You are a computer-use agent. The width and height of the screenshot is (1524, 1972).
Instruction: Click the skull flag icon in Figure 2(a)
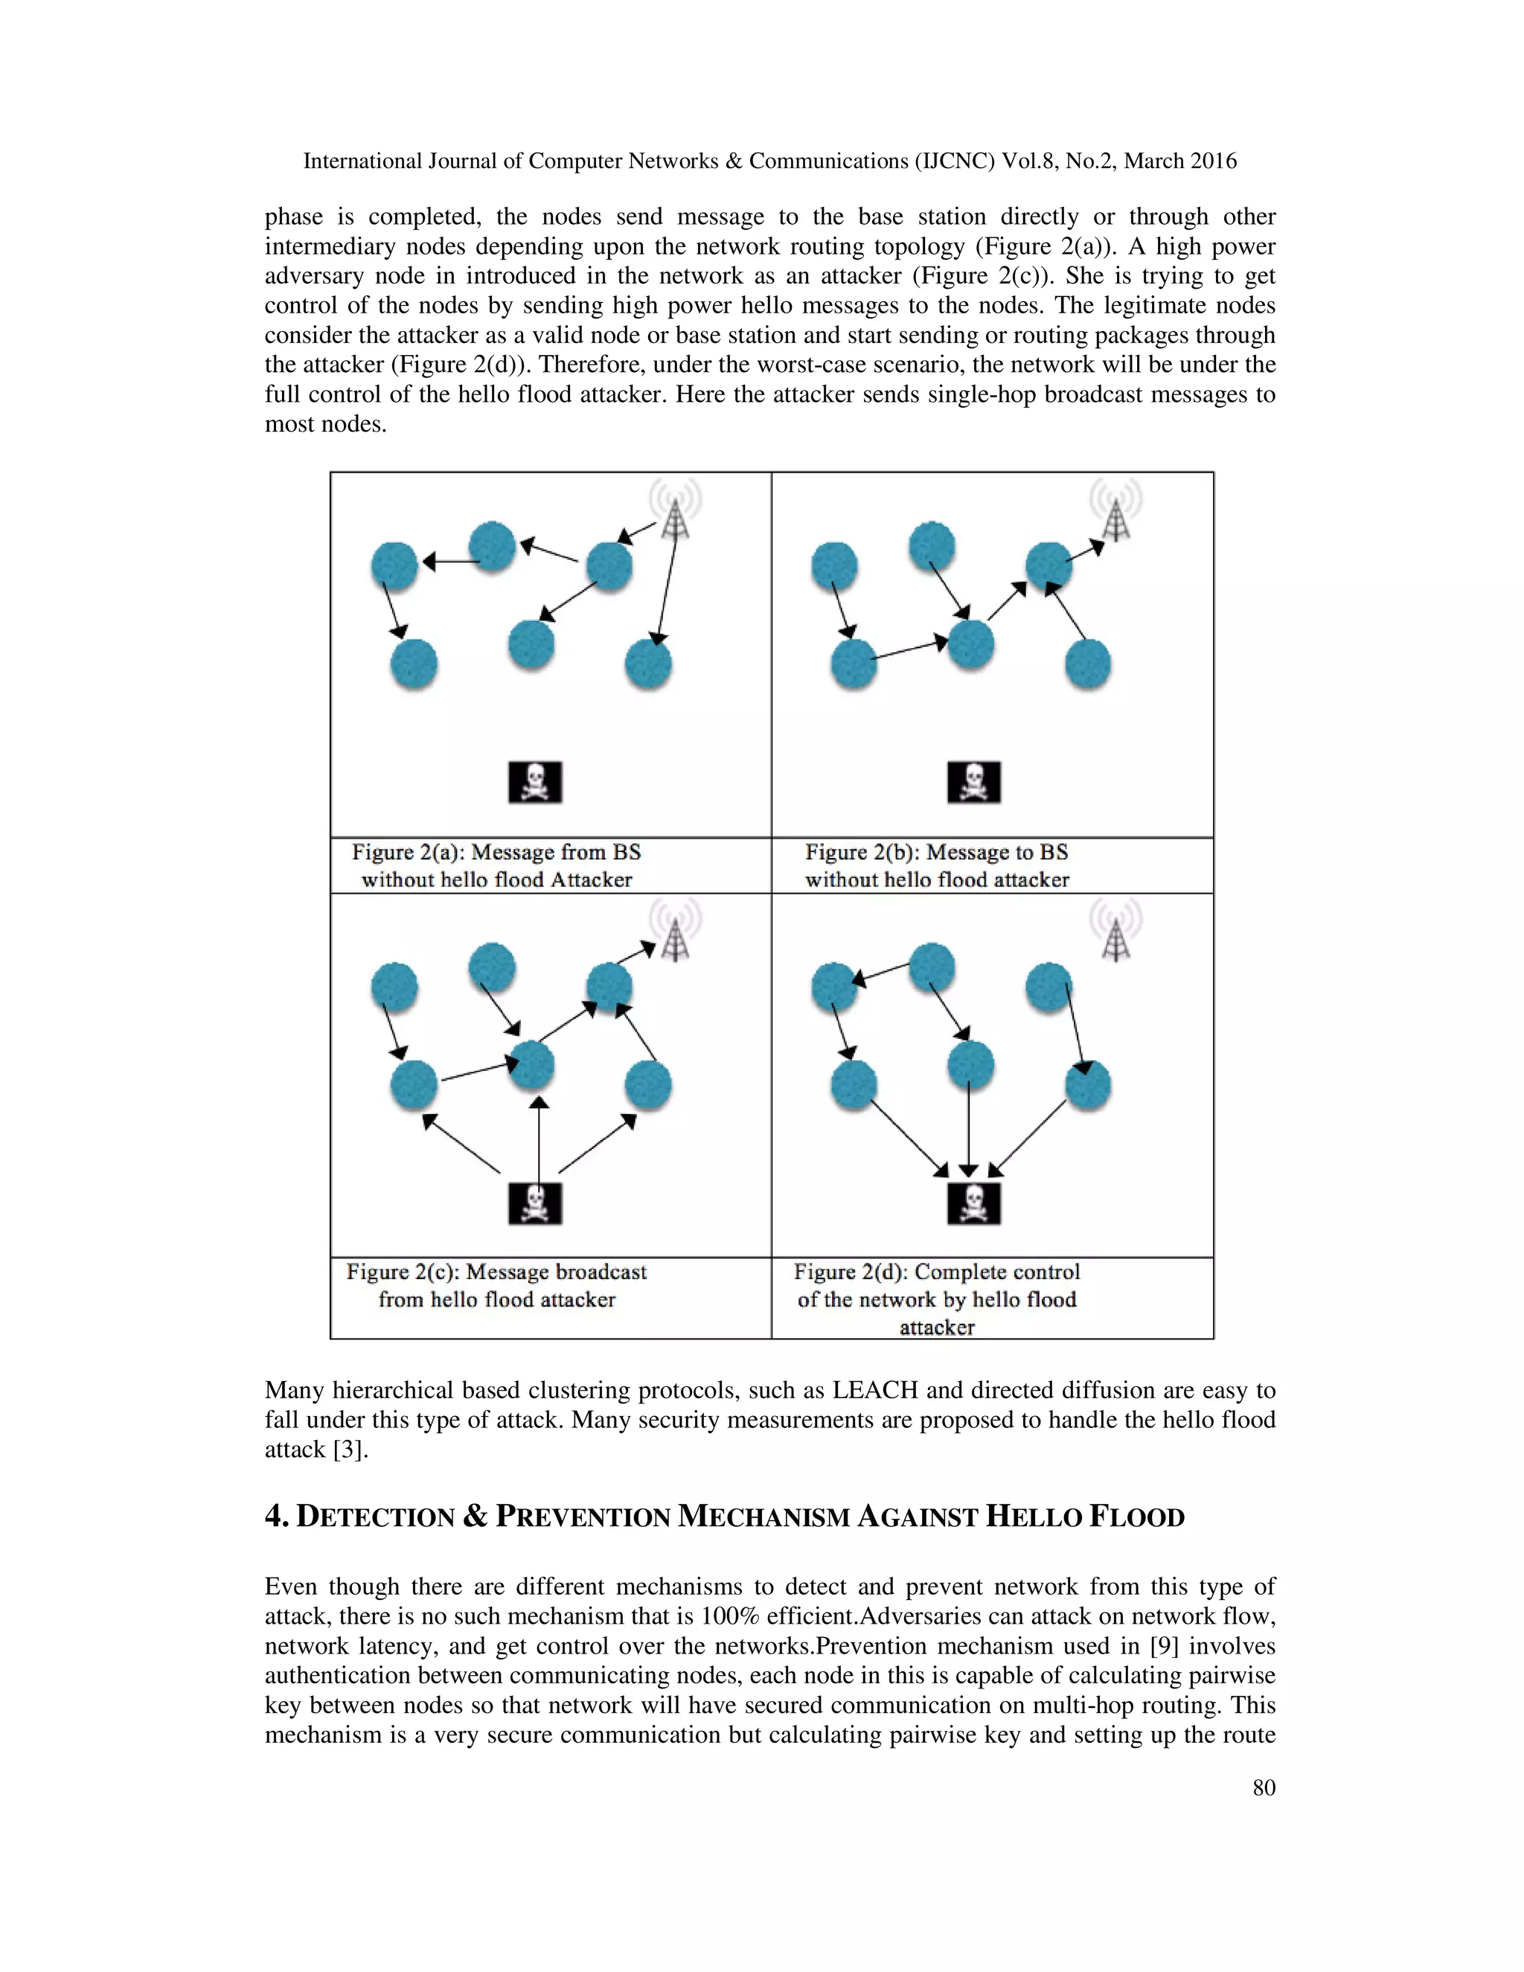click(534, 782)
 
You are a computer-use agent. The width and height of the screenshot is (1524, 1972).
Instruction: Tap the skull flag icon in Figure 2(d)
click(973, 1203)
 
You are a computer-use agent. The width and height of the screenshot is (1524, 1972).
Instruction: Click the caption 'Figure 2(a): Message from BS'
click(496, 851)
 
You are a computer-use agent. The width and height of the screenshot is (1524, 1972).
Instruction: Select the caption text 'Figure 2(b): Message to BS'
click(935, 851)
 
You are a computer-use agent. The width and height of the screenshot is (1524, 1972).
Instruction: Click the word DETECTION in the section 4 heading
click(375, 1516)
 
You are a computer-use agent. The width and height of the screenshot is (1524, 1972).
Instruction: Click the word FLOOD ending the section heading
click(1136, 1516)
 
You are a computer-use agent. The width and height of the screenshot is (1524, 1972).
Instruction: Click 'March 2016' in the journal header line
click(1179, 161)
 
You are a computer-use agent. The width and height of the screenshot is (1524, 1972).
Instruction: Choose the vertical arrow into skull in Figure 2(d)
click(969, 1129)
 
